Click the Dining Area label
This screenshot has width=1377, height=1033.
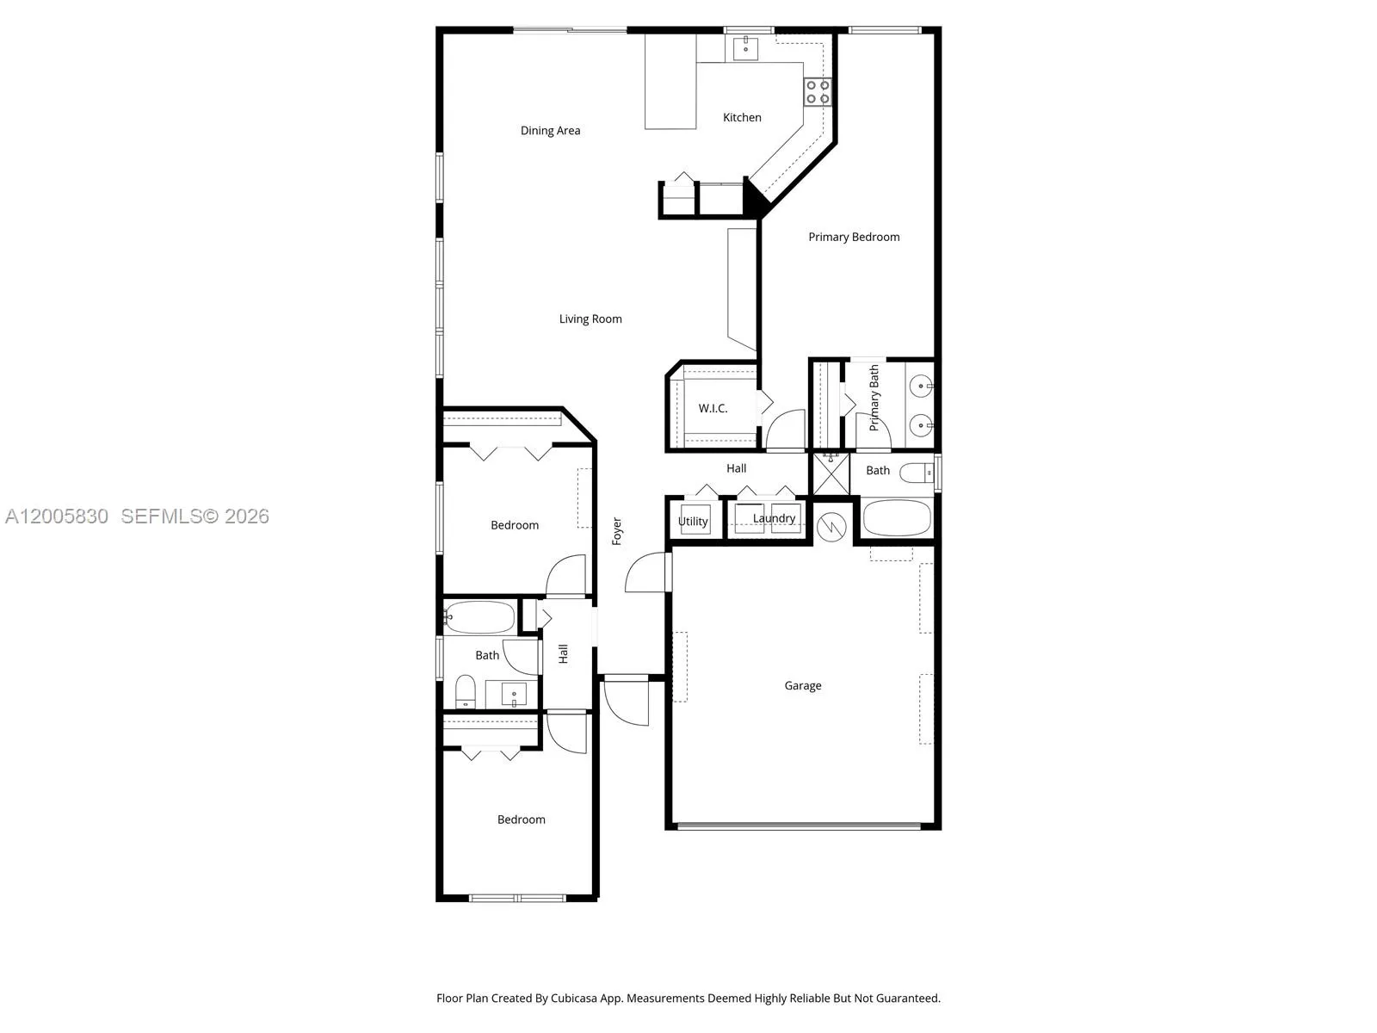[x=550, y=131]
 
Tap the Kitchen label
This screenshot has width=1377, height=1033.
[x=742, y=117]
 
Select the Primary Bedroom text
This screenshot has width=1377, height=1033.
[x=854, y=237]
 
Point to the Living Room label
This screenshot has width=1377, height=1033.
[x=590, y=319]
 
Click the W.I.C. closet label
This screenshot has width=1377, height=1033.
[x=713, y=408]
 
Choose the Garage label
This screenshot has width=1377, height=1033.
[x=802, y=685]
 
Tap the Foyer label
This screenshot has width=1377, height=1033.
[x=617, y=531]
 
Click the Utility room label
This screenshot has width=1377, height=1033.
[x=693, y=521]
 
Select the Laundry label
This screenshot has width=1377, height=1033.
[x=774, y=518]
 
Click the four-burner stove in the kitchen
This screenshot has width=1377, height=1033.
[x=818, y=91]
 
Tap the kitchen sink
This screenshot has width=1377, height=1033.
[x=745, y=47]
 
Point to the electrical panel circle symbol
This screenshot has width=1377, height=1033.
[x=831, y=526]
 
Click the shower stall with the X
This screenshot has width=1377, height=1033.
[x=831, y=473]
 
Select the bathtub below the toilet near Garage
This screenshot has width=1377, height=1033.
[x=897, y=517]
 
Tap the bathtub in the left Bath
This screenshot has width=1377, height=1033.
[x=479, y=617]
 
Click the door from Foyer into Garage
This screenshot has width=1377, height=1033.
[x=648, y=572]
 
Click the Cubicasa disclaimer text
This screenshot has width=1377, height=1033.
[x=688, y=998]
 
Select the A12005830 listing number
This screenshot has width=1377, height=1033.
[x=57, y=516]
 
